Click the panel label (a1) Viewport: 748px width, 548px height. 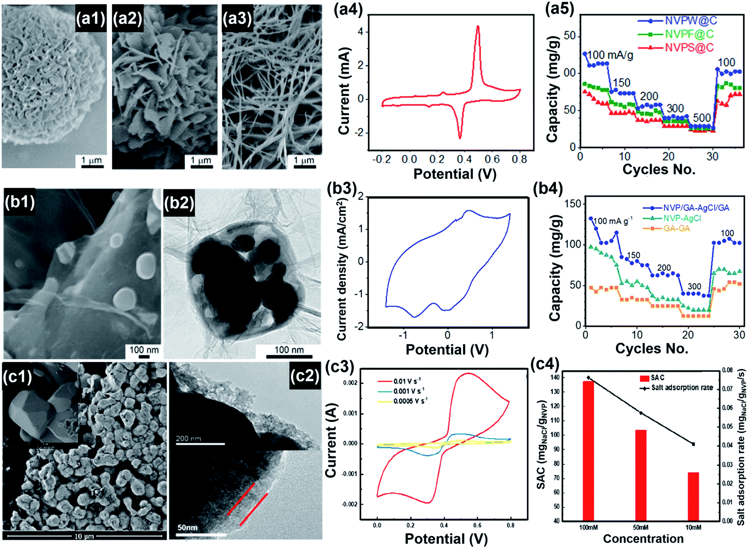click(x=90, y=18)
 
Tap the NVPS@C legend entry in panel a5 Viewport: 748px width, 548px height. click(x=689, y=47)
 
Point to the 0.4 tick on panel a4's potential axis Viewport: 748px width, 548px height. click(x=464, y=159)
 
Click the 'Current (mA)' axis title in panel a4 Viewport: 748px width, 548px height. click(x=344, y=91)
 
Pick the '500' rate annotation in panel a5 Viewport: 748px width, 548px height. click(x=702, y=118)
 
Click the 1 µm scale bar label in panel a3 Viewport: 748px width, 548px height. click(x=304, y=160)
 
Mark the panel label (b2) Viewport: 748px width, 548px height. click(x=179, y=203)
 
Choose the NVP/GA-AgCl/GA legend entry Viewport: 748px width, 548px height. click(x=696, y=208)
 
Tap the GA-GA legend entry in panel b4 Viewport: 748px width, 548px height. click(x=676, y=228)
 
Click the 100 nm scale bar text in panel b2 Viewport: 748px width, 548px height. click(x=289, y=350)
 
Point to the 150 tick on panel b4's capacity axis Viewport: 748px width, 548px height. click(x=573, y=204)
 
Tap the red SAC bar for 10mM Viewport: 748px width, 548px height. click(x=693, y=496)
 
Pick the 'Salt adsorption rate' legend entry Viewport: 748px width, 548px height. click(x=682, y=387)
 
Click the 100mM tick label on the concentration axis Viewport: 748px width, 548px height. click(x=588, y=527)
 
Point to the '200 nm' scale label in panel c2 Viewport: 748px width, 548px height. click(x=188, y=438)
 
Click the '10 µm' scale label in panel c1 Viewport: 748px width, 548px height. click(x=84, y=536)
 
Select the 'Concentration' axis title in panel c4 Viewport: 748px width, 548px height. click(x=643, y=539)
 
